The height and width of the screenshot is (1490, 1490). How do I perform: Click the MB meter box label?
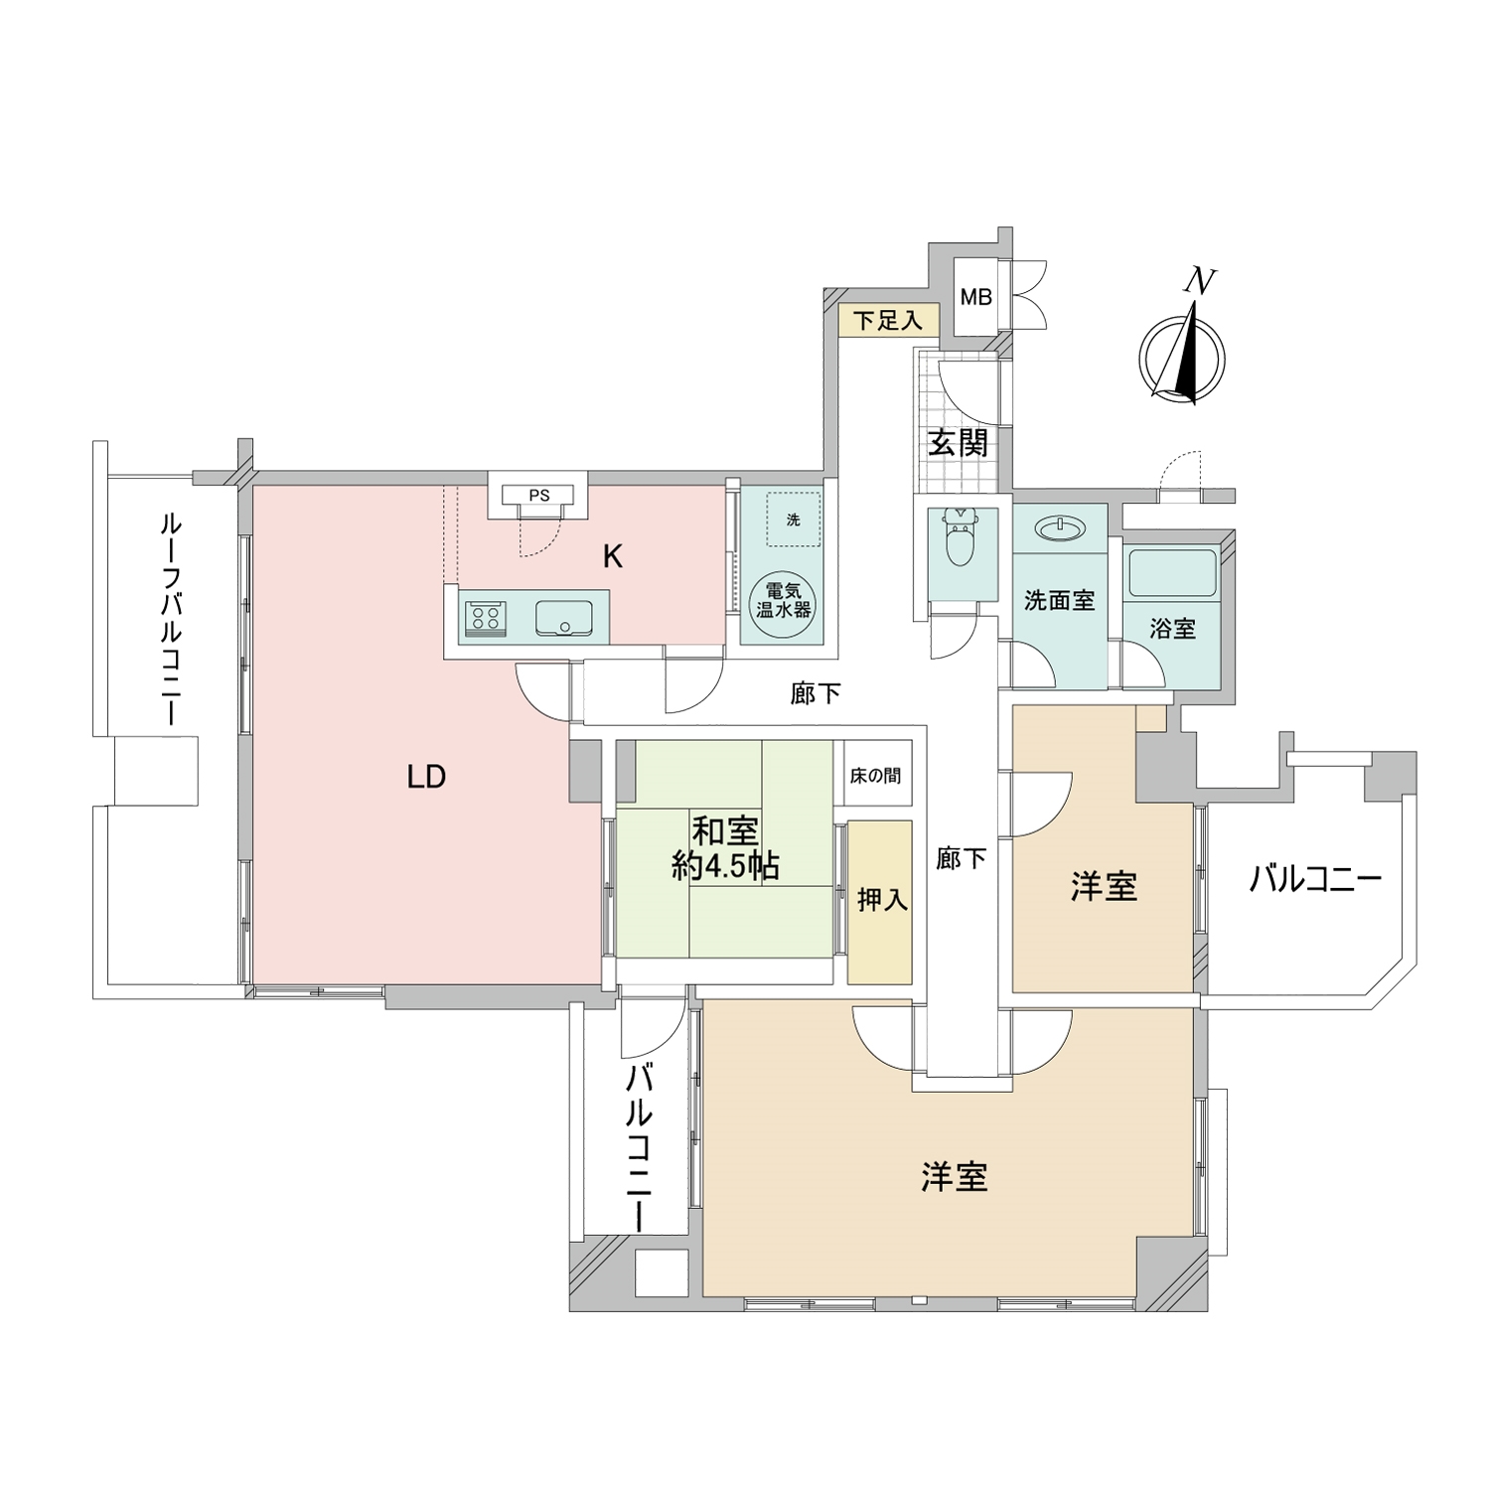tap(975, 297)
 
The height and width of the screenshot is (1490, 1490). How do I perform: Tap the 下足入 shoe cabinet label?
tap(889, 321)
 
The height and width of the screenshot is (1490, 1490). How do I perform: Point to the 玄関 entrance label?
tap(958, 443)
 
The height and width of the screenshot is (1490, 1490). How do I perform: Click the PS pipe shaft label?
tap(537, 494)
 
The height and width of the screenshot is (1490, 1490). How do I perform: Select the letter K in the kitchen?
tap(613, 557)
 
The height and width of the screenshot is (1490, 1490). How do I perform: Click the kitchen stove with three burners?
tap(485, 620)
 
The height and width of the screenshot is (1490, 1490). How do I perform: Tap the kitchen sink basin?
tap(564, 619)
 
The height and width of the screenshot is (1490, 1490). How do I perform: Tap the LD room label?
tap(426, 777)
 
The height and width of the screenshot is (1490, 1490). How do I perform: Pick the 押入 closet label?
tap(881, 900)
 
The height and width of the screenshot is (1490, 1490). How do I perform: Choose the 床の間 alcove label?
tap(875, 775)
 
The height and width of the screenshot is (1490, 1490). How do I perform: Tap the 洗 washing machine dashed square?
tap(793, 521)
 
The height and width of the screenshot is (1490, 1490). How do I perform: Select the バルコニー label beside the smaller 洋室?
tap(1315, 880)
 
